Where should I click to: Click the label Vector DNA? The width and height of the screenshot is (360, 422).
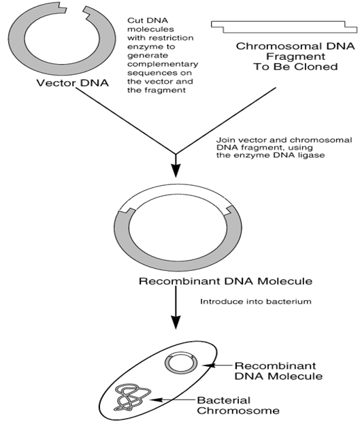[72, 82]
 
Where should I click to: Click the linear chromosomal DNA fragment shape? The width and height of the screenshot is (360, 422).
[284, 27]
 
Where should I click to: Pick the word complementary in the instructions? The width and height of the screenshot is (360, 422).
[163, 64]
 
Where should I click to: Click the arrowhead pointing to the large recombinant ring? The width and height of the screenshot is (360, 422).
[176, 169]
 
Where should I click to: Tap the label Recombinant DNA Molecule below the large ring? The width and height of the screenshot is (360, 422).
[225, 281]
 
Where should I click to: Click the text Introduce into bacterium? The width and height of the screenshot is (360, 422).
[256, 301]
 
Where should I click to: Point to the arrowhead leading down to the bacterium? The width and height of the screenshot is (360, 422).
[176, 322]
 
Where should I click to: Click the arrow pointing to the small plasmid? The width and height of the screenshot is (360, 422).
[217, 366]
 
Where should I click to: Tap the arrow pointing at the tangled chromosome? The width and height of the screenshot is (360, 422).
[172, 400]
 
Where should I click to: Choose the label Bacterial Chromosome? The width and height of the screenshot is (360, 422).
[238, 405]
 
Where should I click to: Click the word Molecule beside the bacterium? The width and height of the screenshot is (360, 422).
[296, 376]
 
